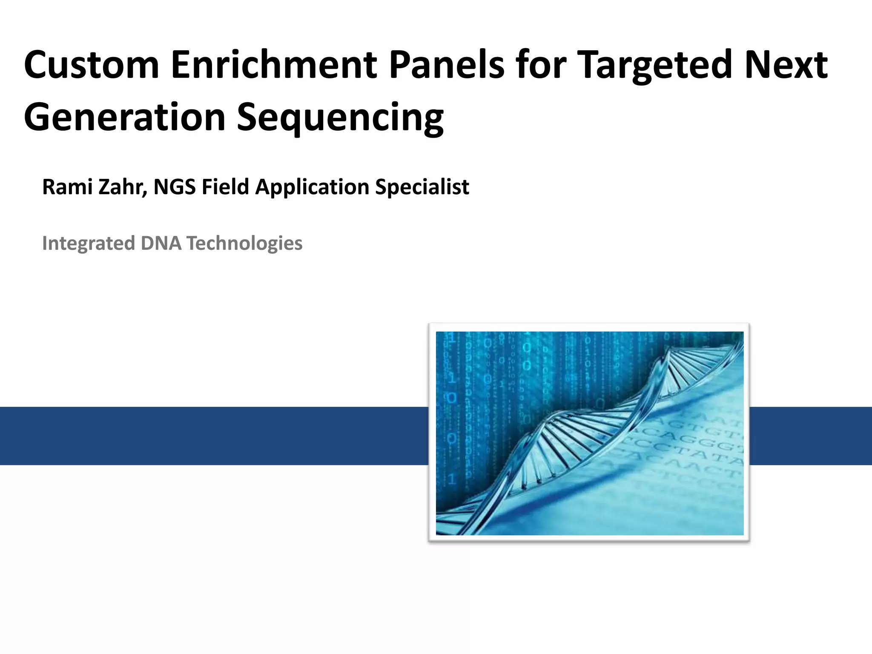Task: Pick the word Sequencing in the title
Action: pyautogui.click(x=340, y=117)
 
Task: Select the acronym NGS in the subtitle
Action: pyautogui.click(x=175, y=187)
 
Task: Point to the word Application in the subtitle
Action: pyautogui.click(x=312, y=187)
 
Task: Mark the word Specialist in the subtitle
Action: pyautogui.click(x=422, y=187)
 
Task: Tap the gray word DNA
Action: pyautogui.click(x=161, y=244)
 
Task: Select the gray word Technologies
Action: pyautogui.click(x=244, y=244)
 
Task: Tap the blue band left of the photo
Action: pyautogui.click(x=213, y=436)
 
